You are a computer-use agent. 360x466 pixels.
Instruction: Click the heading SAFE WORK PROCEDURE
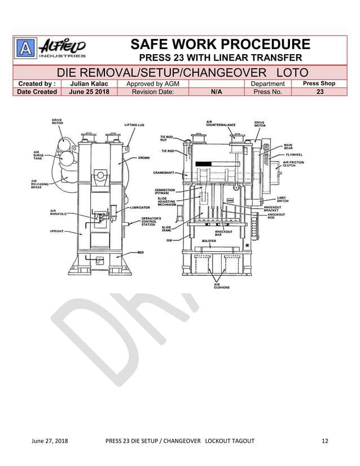tap(220, 45)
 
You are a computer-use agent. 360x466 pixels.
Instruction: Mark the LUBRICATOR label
tap(142, 208)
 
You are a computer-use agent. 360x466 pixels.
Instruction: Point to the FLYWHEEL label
tap(295, 154)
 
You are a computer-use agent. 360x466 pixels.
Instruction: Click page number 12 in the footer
tap(324, 441)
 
